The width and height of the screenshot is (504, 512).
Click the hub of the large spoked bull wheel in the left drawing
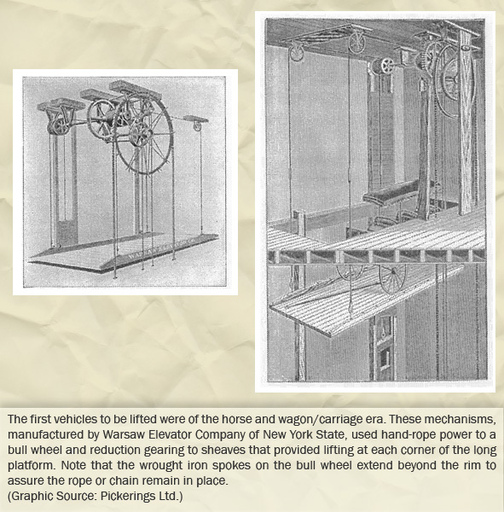[x=143, y=132]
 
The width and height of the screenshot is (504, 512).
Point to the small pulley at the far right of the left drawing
[x=197, y=126]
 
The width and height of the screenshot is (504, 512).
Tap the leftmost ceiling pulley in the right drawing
[x=297, y=52]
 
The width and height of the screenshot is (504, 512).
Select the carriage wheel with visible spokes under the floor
[x=392, y=278]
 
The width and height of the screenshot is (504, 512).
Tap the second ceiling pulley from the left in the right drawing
[x=356, y=43]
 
